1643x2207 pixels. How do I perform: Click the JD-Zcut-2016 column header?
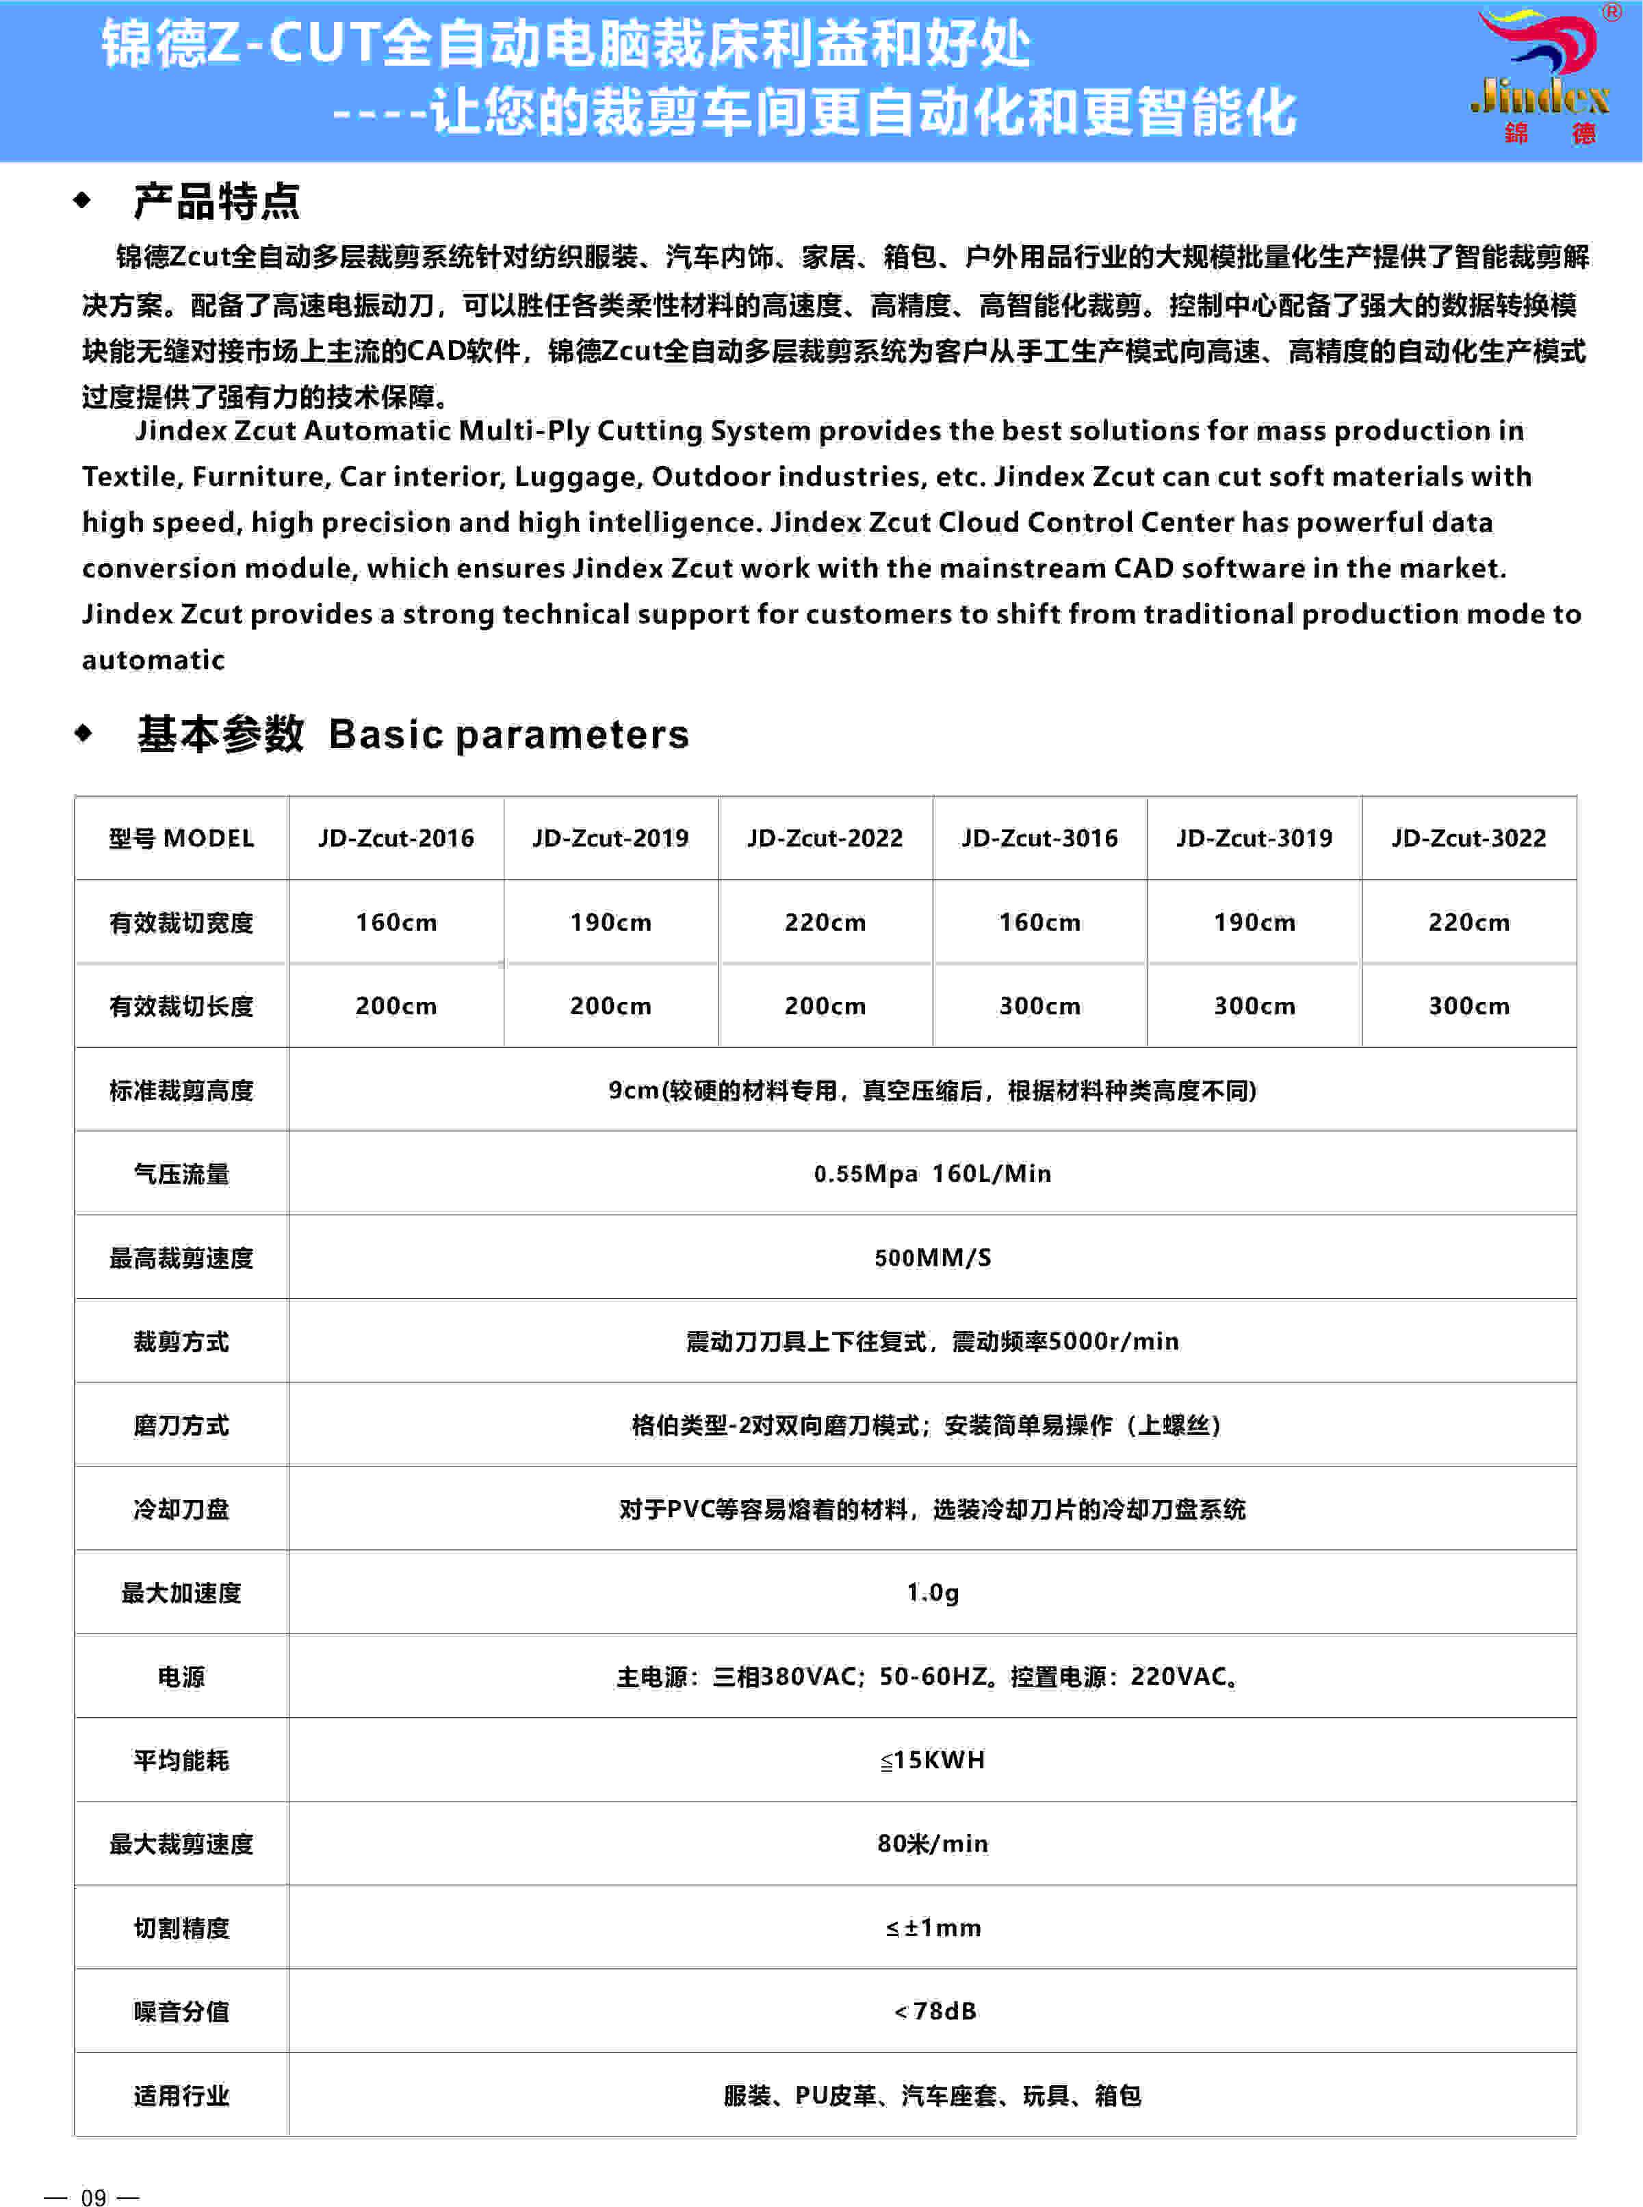pos(396,838)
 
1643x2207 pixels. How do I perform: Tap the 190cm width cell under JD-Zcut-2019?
pos(610,922)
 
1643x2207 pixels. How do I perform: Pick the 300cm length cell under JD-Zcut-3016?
pos(1039,1005)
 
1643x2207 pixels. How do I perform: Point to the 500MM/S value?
pos(932,1257)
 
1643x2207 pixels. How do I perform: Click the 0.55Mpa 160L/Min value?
pos(932,1174)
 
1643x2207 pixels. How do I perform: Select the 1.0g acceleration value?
pos(932,1592)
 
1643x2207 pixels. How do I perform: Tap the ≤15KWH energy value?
pos(932,1759)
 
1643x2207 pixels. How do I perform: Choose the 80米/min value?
pos(932,1843)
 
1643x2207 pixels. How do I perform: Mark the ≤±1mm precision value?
pos(932,1928)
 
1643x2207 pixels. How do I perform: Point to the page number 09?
pos(94,2197)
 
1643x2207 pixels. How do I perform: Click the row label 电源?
pos(181,1677)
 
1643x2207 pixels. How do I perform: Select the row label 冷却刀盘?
pos(181,1509)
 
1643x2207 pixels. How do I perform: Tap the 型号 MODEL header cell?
pos(181,838)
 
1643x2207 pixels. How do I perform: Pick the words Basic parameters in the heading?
pos(508,734)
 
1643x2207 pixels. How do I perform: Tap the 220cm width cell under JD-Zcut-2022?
pos(825,922)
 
